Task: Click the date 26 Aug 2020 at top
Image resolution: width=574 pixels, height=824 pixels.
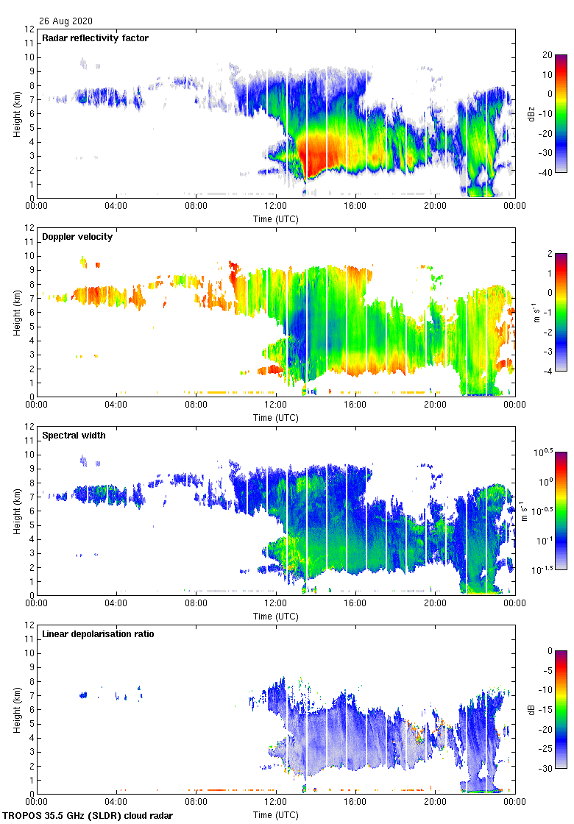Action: (66, 21)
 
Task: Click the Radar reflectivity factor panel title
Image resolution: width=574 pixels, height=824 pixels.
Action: (96, 38)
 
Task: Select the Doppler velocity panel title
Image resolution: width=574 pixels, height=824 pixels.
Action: (77, 236)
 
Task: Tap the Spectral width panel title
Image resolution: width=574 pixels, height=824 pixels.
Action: (74, 435)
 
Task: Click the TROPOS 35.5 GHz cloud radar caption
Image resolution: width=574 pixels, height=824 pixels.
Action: (88, 816)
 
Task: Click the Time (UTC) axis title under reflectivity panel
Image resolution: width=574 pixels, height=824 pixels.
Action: (275, 219)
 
